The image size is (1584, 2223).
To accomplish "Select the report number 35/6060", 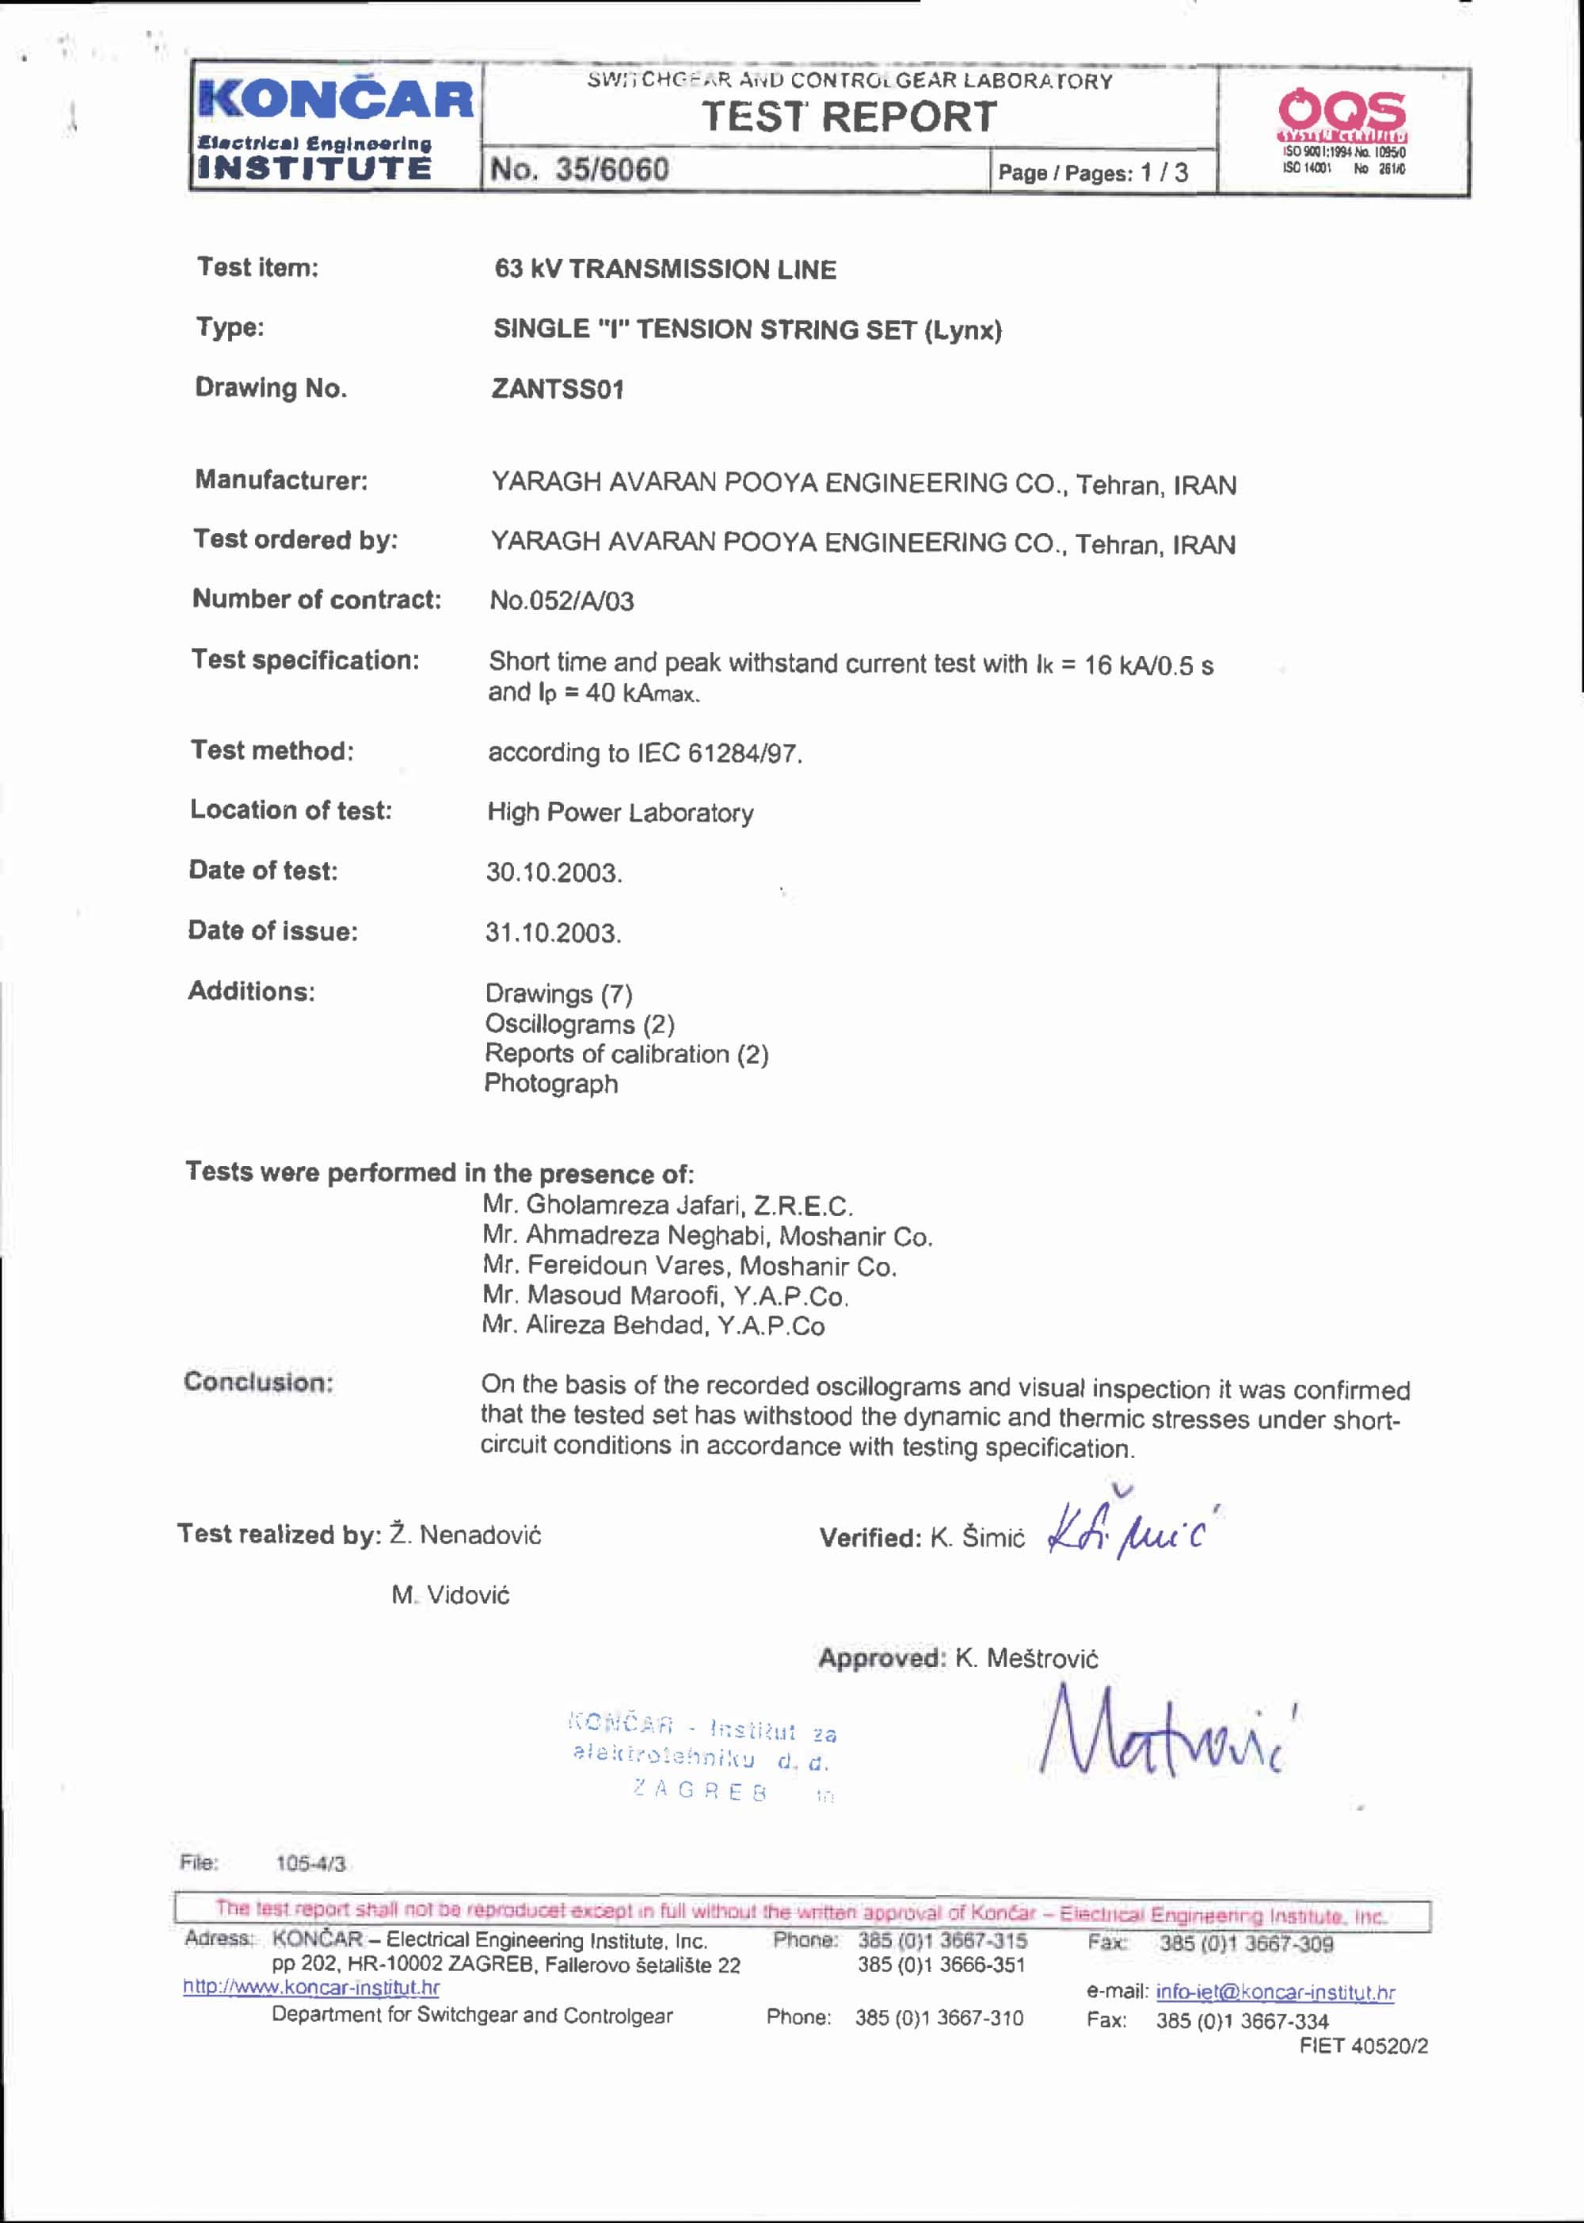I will click(611, 169).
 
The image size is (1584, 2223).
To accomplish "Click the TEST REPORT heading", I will click(848, 117).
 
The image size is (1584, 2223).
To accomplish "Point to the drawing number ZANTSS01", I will click(557, 389).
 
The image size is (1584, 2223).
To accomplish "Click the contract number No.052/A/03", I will click(562, 601).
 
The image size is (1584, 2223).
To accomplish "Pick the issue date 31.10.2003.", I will click(553, 932).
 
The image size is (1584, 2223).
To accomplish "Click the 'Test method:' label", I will click(272, 750).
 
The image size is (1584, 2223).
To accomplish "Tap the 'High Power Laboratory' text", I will click(620, 813).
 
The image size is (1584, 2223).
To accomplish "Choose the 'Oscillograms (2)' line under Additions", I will click(580, 1024).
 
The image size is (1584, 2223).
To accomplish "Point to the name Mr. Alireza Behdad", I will click(653, 1325).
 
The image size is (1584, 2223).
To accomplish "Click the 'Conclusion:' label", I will click(258, 1382).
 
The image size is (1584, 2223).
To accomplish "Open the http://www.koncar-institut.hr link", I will click(311, 1987).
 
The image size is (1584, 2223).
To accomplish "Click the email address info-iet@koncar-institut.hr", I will click(1275, 1992).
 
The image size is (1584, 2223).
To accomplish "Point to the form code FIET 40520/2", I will click(1362, 2046).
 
